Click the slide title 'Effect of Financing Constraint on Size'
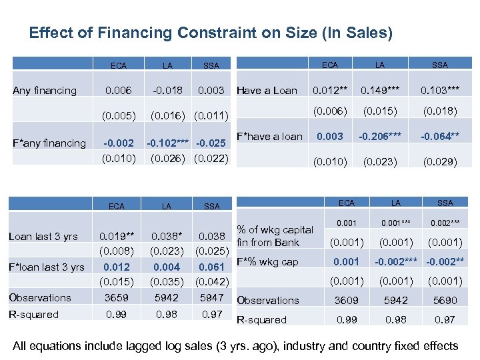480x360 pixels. [x=211, y=32]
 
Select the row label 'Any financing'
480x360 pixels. [x=45, y=90]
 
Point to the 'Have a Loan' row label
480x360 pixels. [x=267, y=90]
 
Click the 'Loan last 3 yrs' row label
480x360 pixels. [x=43, y=236]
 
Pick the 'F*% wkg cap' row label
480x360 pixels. [x=268, y=261]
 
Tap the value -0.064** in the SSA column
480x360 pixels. [x=440, y=137]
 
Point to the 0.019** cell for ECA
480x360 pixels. [x=116, y=236]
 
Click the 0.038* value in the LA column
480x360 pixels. [x=166, y=236]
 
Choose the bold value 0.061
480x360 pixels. [x=211, y=267]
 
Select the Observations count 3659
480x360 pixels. [x=116, y=297]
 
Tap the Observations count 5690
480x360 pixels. [x=445, y=301]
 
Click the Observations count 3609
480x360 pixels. [x=347, y=301]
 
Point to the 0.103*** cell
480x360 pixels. [x=440, y=90]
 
